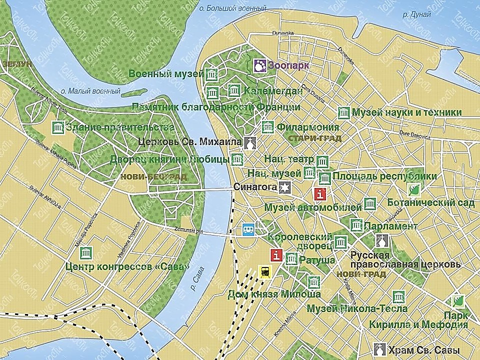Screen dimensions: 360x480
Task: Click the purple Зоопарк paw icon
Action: tap(260, 65)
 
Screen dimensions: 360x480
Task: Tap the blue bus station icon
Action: tap(248, 229)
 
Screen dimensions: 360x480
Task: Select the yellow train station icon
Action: tap(265, 271)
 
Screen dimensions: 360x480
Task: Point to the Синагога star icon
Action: tap(284, 187)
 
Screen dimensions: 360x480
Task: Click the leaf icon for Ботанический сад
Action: tap(414, 189)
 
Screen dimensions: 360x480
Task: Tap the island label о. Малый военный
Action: tap(90, 91)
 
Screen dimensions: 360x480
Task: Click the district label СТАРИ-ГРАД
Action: tap(314, 138)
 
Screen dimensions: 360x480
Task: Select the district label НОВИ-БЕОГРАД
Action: tap(153, 177)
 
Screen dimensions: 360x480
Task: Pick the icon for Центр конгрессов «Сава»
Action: tap(85, 252)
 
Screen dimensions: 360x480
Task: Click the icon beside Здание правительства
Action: tap(58, 127)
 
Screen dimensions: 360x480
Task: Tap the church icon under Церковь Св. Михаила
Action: tap(250, 143)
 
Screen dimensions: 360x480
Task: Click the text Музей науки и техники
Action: tap(406, 112)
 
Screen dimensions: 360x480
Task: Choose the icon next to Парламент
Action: tap(356, 225)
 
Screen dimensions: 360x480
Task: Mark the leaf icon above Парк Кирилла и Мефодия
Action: tap(458, 301)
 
